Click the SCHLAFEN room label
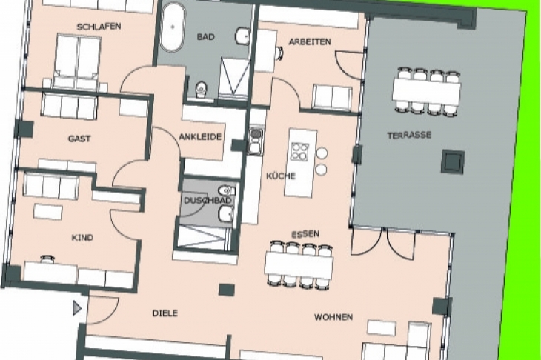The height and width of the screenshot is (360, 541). pyautogui.click(x=99, y=27)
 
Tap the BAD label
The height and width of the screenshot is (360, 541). pyautogui.click(x=205, y=36)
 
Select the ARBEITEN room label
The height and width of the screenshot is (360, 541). pyautogui.click(x=310, y=41)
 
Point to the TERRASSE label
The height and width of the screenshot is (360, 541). pyautogui.click(x=409, y=135)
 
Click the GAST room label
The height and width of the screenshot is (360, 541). pyautogui.click(x=79, y=139)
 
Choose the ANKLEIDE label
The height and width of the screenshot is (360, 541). pyautogui.click(x=200, y=137)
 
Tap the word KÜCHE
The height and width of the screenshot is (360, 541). pyautogui.click(x=281, y=176)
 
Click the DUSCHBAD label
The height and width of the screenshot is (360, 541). pyautogui.click(x=208, y=200)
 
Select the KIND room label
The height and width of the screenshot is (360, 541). pyautogui.click(x=82, y=238)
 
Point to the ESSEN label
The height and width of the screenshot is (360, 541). pyautogui.click(x=305, y=235)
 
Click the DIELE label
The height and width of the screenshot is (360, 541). pyautogui.click(x=165, y=313)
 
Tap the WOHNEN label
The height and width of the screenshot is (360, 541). pyautogui.click(x=333, y=317)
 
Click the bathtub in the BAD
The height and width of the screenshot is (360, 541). pyautogui.click(x=173, y=28)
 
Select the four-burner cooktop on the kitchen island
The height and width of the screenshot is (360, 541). pyautogui.click(x=299, y=152)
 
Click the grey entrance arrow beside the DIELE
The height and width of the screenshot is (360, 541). pyautogui.click(x=77, y=308)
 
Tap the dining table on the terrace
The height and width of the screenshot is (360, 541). pyautogui.click(x=426, y=91)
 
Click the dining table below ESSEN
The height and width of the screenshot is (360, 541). pyautogui.click(x=299, y=265)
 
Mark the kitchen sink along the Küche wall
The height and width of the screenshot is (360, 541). pyautogui.click(x=256, y=136)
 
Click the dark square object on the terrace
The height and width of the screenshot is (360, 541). pyautogui.click(x=453, y=161)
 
